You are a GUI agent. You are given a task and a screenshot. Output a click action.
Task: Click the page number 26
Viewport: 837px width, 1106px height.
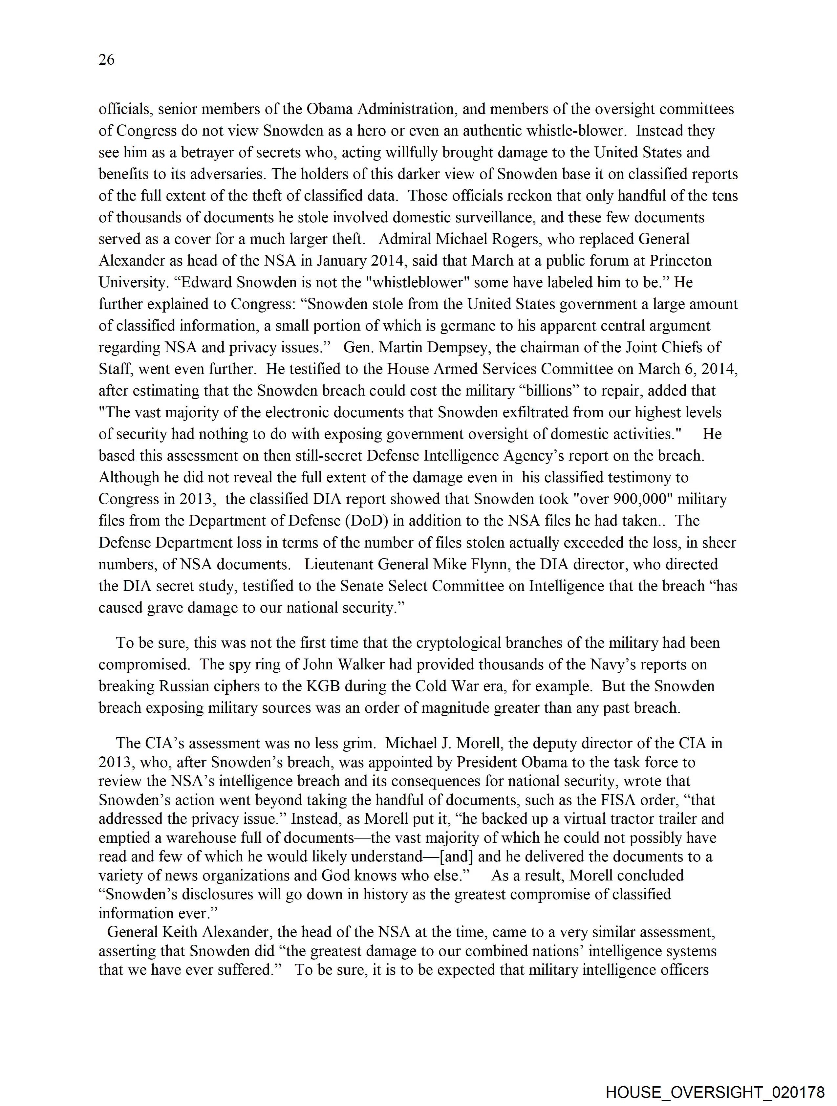click(106, 59)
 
